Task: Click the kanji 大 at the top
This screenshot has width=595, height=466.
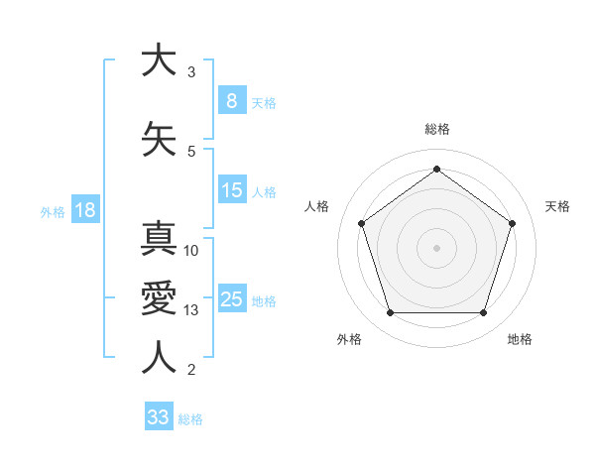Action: tap(159, 60)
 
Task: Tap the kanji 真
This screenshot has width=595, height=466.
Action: tap(159, 242)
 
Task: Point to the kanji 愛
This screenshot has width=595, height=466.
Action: tap(159, 297)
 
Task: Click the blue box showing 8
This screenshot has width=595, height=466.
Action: tap(231, 101)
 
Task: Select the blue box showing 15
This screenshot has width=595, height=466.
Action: tap(232, 190)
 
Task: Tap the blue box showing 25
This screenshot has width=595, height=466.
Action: tap(232, 299)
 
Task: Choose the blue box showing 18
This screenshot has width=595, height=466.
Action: tap(84, 210)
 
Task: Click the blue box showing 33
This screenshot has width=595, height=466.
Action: tap(159, 417)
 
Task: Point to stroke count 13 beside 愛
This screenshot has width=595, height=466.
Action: tap(192, 311)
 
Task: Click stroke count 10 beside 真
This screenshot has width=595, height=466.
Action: tap(192, 251)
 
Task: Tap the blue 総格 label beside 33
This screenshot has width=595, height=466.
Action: tap(190, 419)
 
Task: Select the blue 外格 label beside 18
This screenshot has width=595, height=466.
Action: tap(53, 211)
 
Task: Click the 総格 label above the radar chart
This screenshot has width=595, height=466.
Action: tap(437, 129)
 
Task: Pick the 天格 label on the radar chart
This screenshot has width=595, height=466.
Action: tap(558, 206)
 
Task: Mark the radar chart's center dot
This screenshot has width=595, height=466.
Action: tap(436, 248)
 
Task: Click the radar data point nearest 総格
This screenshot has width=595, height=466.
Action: tap(436, 169)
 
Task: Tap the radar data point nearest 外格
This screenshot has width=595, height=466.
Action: tap(390, 313)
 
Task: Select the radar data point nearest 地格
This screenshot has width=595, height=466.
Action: tap(484, 313)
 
